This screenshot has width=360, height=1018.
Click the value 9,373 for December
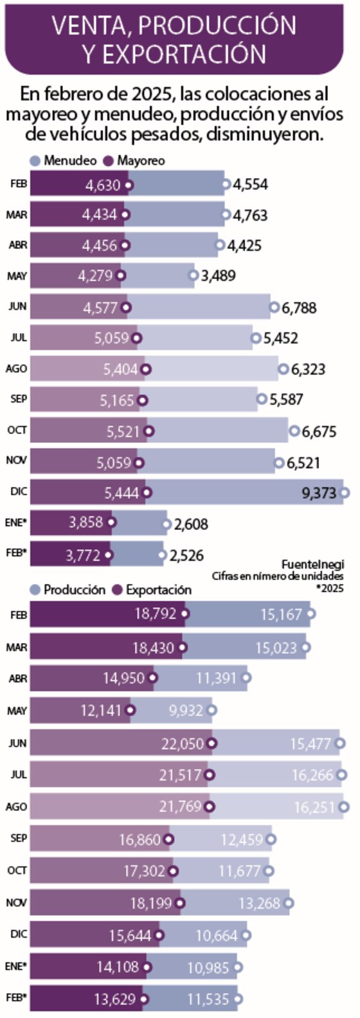tap(319, 493)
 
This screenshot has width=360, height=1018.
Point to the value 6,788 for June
tap(299, 308)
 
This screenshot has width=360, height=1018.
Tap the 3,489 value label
tap(218, 277)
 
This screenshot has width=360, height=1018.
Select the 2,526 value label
tap(187, 556)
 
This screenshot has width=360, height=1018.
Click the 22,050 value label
tap(183, 744)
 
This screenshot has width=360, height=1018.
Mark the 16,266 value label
tap(313, 776)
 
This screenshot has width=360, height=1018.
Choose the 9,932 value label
tap(186, 711)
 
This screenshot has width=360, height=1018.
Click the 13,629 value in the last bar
tap(115, 999)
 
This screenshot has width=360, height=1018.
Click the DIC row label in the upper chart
tap(19, 492)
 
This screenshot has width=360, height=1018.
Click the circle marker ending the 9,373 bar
tap(345, 493)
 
